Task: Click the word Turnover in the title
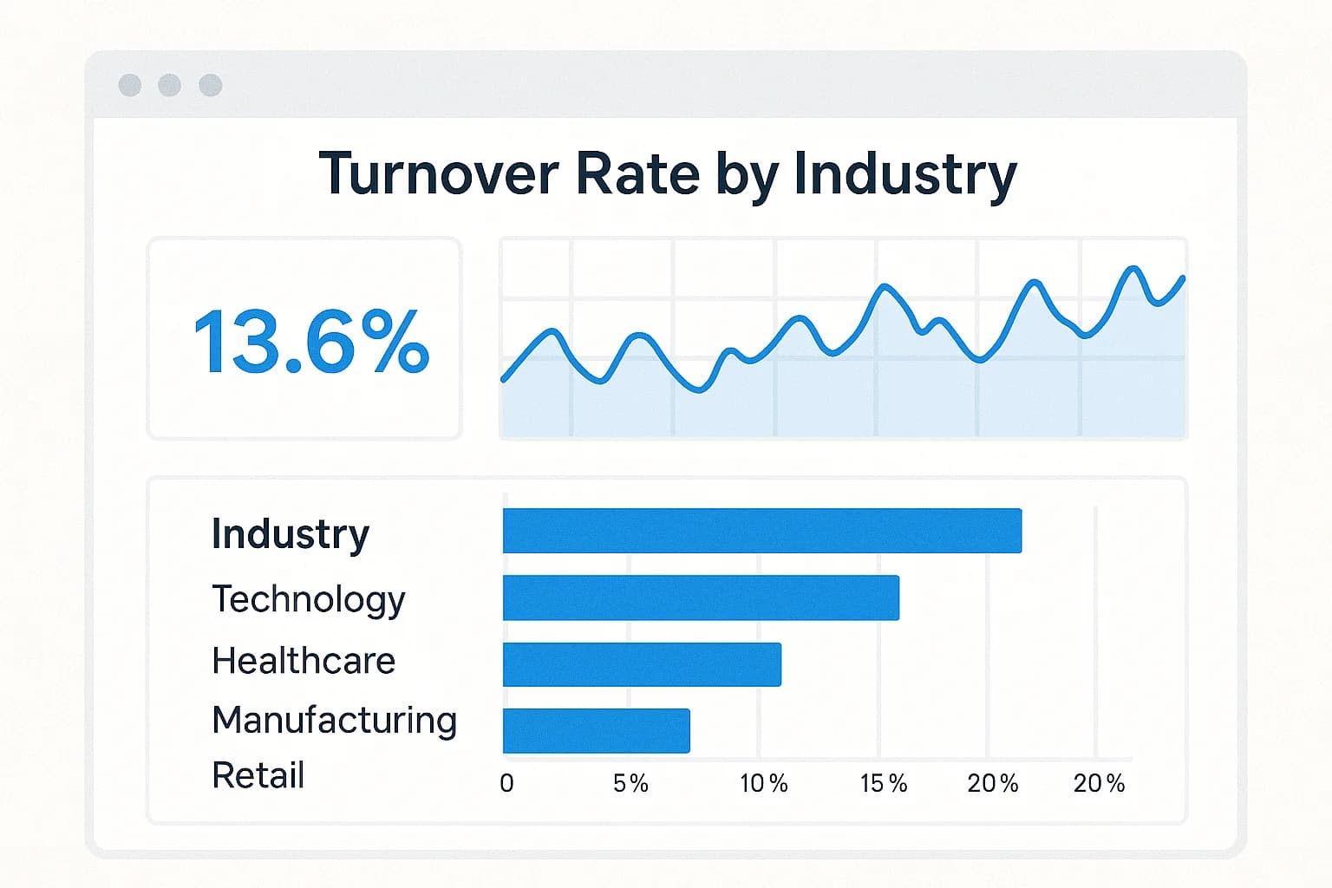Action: coord(439,173)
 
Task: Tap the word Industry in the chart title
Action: coord(904,175)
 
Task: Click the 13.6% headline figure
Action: coord(310,342)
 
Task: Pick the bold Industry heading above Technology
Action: coord(291,534)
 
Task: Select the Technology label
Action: coord(309,599)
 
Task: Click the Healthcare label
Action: coord(304,661)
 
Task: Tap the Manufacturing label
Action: coord(334,720)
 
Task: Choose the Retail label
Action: coord(258,775)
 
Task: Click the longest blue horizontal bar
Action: coord(761,531)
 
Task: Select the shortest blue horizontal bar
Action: coord(596,730)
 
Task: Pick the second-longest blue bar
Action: coord(701,597)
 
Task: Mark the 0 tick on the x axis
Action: coord(506,783)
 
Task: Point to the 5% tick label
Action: coord(630,783)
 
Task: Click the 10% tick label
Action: coord(763,783)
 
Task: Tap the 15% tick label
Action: coord(883,783)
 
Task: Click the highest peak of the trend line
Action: coord(1132,268)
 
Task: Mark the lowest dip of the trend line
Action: coord(699,391)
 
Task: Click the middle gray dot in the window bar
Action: coord(170,85)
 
